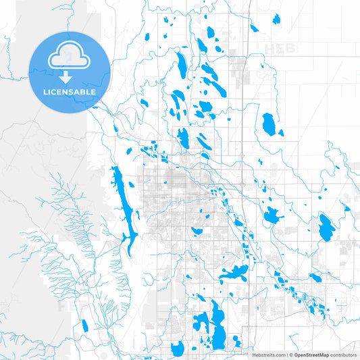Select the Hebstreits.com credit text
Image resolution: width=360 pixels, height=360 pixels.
coord(268,355)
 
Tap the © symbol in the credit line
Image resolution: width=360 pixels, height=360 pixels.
coord(290,355)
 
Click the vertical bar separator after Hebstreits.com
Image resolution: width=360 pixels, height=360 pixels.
coord(286,355)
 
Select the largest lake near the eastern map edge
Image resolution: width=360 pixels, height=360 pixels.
coord(326,228)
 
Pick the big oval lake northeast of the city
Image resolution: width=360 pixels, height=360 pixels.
coord(269,124)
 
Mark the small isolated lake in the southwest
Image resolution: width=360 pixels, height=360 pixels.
coord(84,326)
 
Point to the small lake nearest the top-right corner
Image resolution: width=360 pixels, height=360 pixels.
coord(276,19)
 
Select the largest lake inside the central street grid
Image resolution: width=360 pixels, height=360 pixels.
coord(197,231)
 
